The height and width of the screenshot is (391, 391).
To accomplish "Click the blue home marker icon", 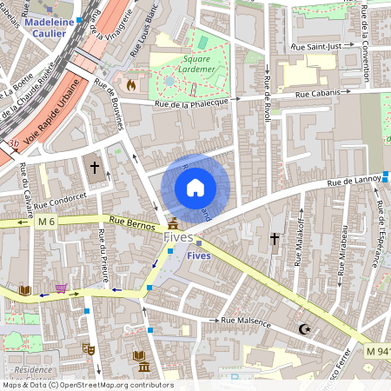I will click(195, 188).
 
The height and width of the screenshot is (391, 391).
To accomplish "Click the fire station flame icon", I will click(130, 85).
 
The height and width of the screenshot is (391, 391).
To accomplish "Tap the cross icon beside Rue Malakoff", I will click(275, 238).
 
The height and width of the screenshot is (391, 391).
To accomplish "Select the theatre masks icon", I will click(88, 348).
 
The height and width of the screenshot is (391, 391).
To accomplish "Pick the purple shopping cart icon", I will click(61, 288).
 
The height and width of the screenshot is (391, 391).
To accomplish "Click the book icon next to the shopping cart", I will click(25, 289).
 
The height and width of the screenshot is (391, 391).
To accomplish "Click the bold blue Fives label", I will click(199, 255).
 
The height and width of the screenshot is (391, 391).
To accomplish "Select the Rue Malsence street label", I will click(247, 321).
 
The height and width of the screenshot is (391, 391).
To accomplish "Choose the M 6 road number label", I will click(46, 222).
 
